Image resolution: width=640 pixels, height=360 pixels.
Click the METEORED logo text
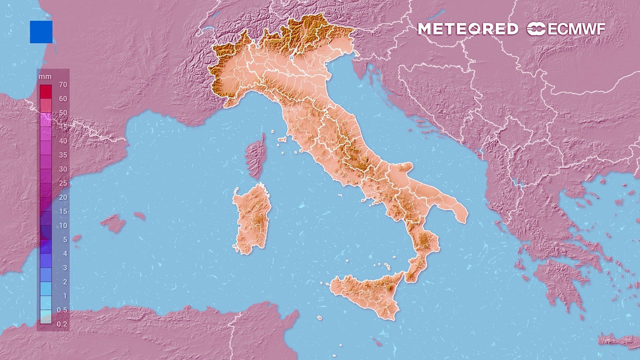click(467, 29)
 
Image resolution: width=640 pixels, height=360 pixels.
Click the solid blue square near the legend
click(41, 31)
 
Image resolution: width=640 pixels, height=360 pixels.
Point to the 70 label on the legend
click(62, 85)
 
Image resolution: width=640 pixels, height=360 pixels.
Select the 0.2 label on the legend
click(62, 324)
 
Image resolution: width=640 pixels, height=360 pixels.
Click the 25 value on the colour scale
click(62, 183)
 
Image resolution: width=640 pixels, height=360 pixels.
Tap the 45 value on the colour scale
click(62, 127)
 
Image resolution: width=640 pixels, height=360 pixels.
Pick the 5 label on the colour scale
click(64, 239)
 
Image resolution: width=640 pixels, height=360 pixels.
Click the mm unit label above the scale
click(45, 76)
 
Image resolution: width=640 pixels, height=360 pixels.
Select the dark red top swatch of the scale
click(45, 91)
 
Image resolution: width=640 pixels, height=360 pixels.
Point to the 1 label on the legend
click(64, 296)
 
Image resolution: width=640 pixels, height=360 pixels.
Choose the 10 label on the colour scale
click(62, 225)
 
